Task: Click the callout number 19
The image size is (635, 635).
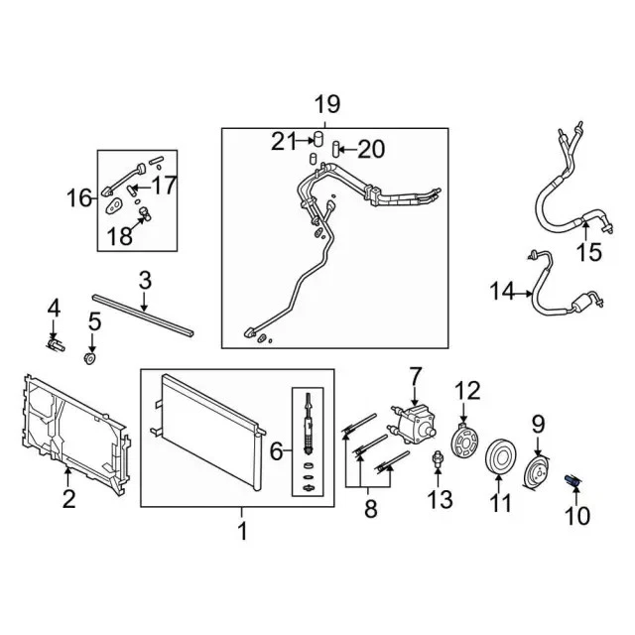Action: pos(326,103)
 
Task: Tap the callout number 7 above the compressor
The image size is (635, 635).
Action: pos(415,376)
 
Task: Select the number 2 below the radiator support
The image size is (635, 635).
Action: pos(68,499)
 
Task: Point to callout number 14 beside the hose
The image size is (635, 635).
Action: pos(502,291)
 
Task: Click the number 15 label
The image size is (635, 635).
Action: pos(589,252)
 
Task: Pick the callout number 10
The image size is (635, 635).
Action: pos(576,515)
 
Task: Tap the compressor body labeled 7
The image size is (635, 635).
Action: pos(416,424)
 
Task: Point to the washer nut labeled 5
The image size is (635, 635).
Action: pos(91,356)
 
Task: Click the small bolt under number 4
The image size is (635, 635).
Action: pos(56,344)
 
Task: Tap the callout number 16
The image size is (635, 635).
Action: pos(79,198)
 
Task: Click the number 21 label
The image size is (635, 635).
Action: pos(284,142)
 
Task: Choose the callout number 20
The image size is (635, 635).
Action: pos(370,149)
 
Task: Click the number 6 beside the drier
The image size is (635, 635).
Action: pos(277,452)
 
